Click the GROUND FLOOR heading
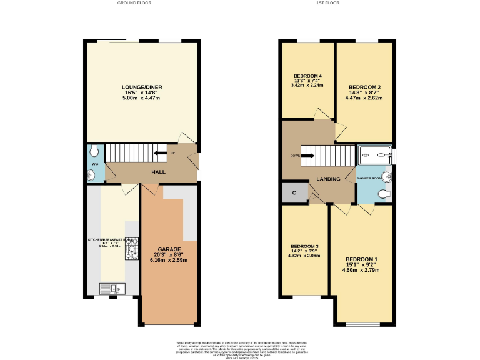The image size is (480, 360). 134,3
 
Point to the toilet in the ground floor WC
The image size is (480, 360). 94,151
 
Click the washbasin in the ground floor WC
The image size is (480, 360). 92,176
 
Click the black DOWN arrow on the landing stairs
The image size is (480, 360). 307,156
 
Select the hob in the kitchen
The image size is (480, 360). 132,252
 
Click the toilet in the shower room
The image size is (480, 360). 384,194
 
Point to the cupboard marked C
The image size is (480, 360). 294,193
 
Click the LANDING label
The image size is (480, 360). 328,179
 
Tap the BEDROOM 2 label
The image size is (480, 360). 364,87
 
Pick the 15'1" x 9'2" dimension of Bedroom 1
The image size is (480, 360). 362,265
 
